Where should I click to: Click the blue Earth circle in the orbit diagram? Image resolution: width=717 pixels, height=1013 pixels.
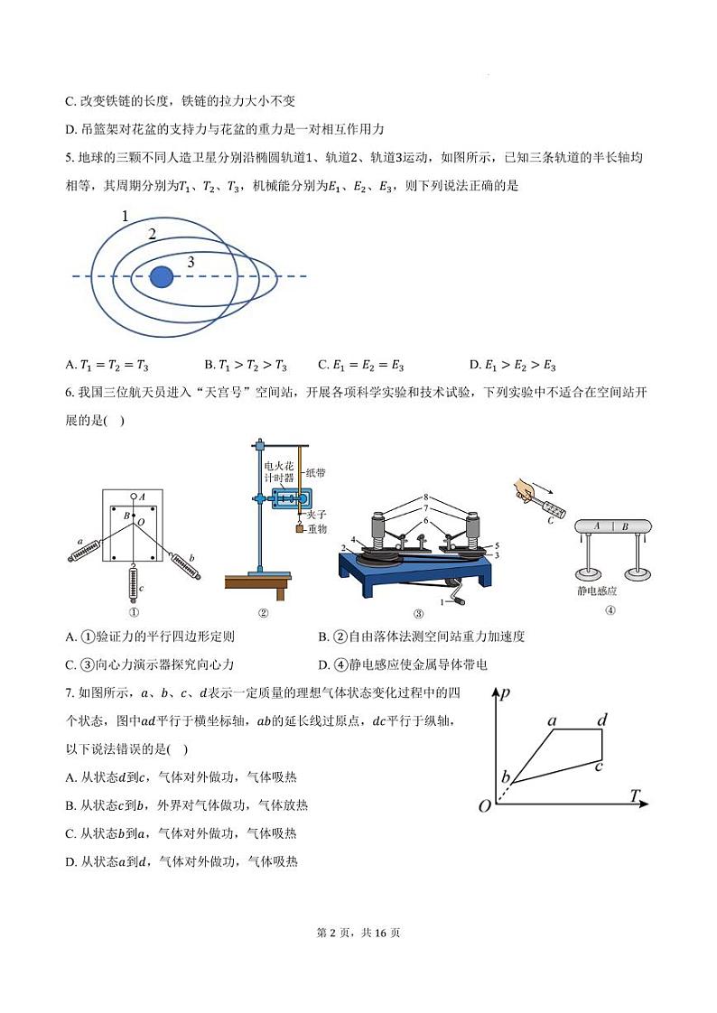coord(162,276)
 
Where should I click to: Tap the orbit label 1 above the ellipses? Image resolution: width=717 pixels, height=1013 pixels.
coord(125,217)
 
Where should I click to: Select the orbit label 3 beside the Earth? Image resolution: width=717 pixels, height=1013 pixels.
coord(191,262)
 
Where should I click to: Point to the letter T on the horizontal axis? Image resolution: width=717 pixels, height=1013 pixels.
coord(635,795)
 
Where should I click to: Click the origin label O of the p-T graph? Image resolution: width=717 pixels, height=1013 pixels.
coord(485,805)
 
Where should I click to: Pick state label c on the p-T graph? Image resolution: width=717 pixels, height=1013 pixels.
coord(598,767)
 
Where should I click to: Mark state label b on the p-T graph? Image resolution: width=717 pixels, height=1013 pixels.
coord(506,777)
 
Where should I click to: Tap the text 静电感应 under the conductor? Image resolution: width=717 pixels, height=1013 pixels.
coord(597,590)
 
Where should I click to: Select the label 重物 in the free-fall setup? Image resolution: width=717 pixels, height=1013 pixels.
coord(316,528)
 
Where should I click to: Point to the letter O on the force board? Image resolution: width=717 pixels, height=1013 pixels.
coord(140,521)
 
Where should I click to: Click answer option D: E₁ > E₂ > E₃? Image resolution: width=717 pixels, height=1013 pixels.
coord(512,366)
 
